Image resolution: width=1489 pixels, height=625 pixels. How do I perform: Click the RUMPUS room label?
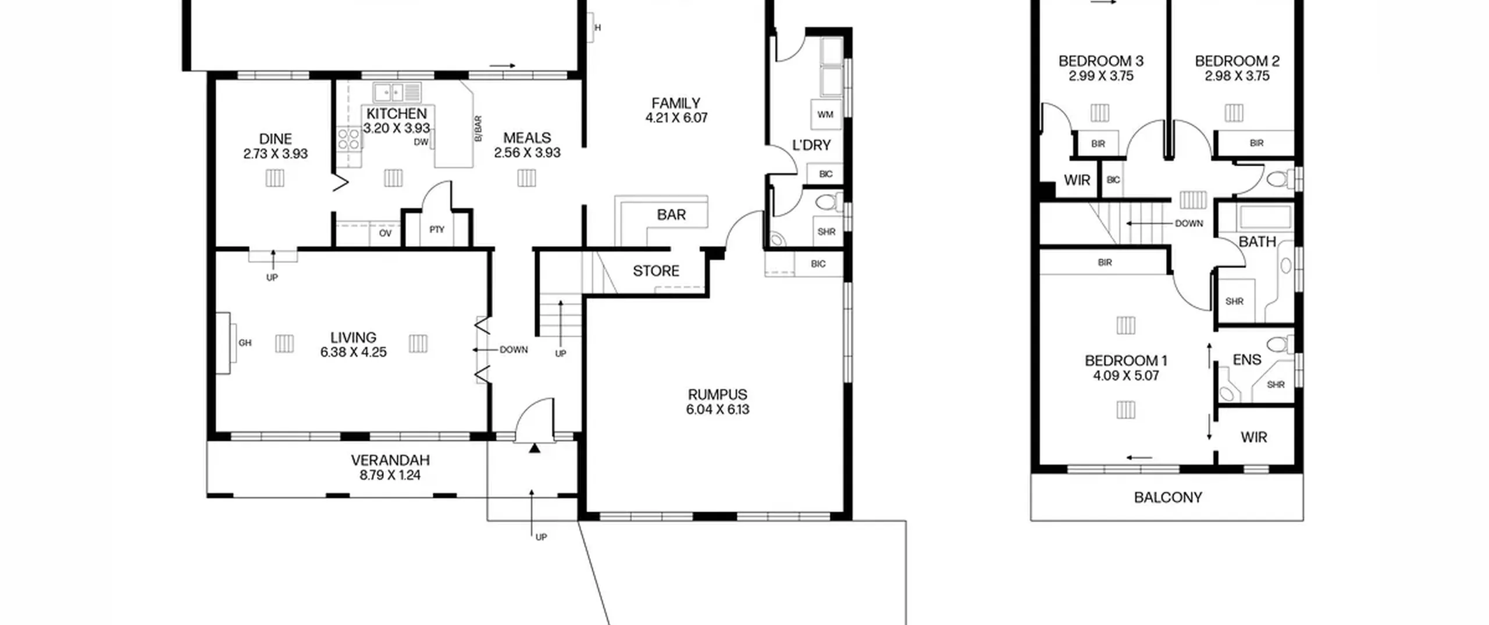tap(717, 394)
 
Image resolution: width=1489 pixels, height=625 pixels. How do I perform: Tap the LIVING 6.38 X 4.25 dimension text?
tap(353, 352)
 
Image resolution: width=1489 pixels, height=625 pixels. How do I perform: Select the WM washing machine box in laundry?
tap(825, 115)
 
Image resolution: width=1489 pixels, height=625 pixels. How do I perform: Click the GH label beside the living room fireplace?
tap(245, 343)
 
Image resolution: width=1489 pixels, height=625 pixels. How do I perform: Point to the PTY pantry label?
tap(437, 230)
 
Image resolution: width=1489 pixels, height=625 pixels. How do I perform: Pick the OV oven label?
tap(385, 233)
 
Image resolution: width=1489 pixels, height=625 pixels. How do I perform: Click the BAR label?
tap(671, 215)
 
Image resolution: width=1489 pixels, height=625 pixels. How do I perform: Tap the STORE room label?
tap(656, 271)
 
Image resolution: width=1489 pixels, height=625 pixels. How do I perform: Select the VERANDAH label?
tap(390, 460)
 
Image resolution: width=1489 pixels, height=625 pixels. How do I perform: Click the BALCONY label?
tap(1168, 497)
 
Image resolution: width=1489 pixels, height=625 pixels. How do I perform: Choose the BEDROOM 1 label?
tap(1126, 360)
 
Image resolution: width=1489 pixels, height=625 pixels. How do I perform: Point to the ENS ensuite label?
tap(1247, 360)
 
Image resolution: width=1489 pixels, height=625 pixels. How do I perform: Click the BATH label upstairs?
tap(1258, 241)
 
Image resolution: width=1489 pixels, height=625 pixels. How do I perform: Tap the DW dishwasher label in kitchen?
tap(421, 142)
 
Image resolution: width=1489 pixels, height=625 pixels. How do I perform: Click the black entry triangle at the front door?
tap(535, 448)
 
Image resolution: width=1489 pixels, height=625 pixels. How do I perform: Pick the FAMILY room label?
tap(676, 103)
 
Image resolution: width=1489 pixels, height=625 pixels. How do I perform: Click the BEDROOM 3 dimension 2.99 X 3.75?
tap(1101, 76)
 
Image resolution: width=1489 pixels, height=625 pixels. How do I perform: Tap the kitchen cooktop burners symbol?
tap(348, 140)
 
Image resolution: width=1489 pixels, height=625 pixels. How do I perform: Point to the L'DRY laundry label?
tap(811, 145)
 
